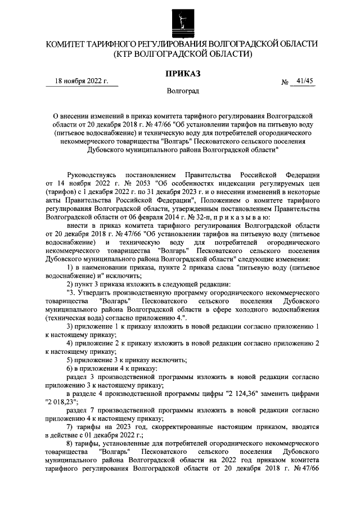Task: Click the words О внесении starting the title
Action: tap(66, 115)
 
